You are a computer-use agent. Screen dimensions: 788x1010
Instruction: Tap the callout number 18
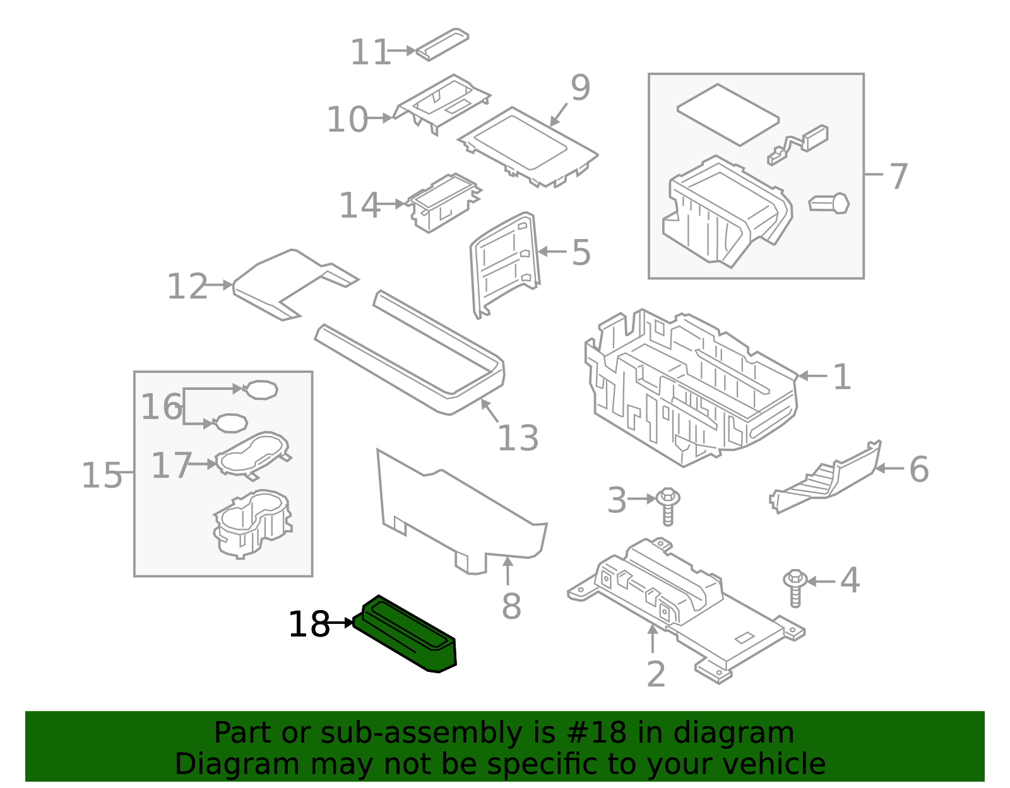309,625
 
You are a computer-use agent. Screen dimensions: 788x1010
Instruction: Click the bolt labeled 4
795,587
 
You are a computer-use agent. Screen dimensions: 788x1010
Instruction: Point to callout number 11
371,52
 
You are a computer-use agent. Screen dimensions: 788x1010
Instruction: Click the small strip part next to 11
442,44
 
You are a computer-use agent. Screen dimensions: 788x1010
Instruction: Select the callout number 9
579,88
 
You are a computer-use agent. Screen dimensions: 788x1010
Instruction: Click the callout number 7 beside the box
898,176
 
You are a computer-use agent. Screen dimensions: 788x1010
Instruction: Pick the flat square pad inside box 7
728,115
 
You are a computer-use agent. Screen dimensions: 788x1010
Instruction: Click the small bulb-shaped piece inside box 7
829,204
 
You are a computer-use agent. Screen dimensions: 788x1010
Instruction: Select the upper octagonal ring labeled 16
260,390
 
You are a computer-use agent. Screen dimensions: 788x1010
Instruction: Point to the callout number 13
518,438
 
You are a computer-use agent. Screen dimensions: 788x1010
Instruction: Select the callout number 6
918,469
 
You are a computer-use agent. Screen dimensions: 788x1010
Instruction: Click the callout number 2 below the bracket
656,674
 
